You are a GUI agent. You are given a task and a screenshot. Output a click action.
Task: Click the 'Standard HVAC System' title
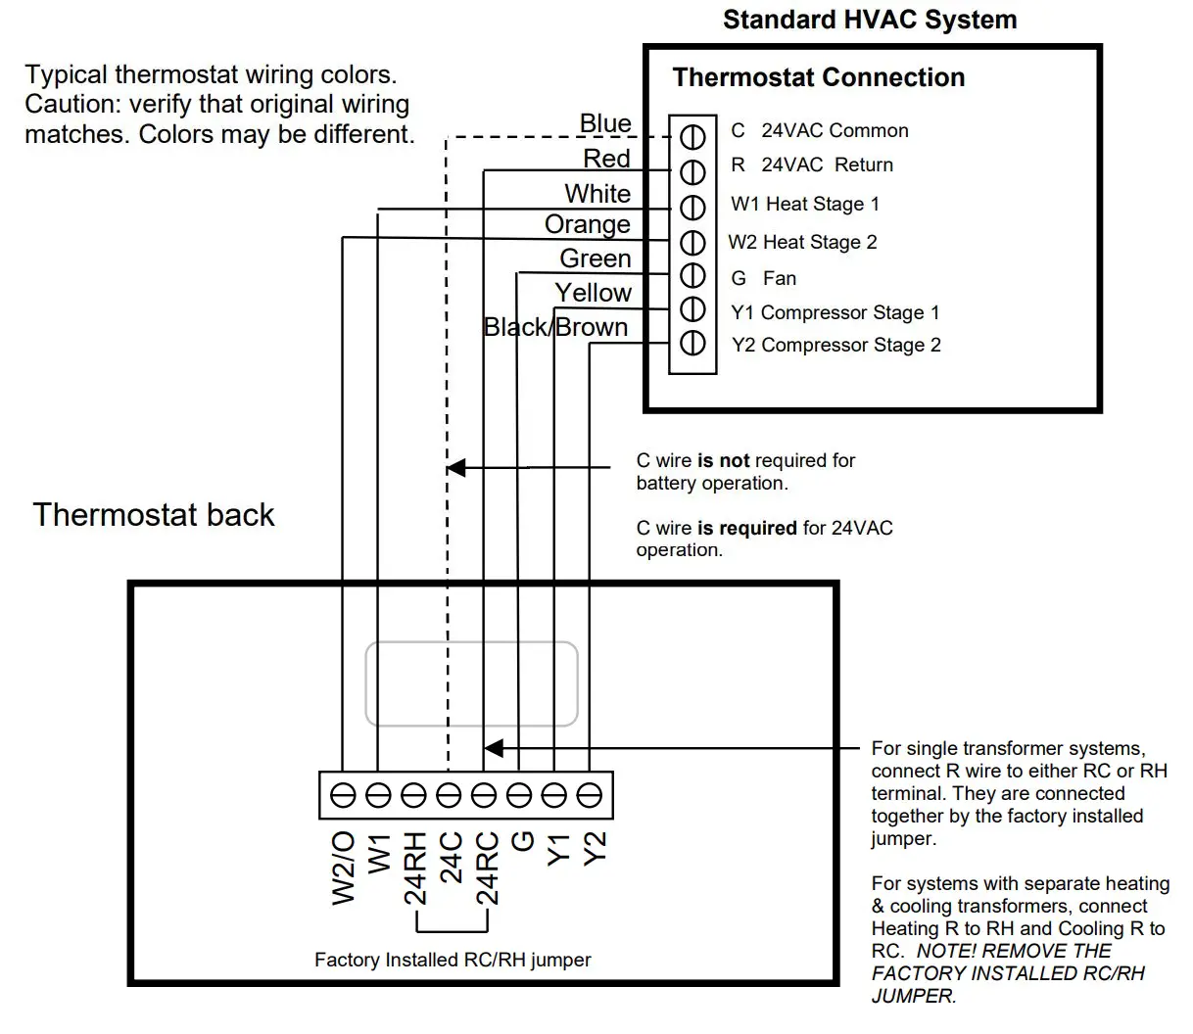[869, 20]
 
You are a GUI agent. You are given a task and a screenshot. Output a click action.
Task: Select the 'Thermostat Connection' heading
[818, 77]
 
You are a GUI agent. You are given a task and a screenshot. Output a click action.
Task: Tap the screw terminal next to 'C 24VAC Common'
[692, 135]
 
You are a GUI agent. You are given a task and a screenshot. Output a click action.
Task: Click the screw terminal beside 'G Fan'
[692, 275]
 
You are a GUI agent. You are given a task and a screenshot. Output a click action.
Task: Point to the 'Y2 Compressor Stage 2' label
[835, 345]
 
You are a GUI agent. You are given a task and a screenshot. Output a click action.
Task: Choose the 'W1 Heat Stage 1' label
[804, 204]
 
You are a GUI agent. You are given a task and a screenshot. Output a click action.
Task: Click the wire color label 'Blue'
[605, 123]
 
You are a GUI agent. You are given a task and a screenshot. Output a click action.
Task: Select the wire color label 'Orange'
[587, 224]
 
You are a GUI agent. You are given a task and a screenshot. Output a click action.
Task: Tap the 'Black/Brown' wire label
[555, 327]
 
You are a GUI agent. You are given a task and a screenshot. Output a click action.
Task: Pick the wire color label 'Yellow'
[593, 293]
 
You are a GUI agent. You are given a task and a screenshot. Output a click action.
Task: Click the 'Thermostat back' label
[154, 515]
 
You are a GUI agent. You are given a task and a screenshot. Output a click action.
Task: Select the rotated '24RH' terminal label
[415, 869]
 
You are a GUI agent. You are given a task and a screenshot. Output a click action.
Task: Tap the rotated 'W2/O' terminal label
[344, 869]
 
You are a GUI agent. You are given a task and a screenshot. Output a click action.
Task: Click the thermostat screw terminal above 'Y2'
[589, 795]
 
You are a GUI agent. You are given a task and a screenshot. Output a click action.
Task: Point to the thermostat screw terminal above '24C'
[449, 795]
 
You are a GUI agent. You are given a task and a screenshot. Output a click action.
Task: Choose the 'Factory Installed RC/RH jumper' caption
[453, 960]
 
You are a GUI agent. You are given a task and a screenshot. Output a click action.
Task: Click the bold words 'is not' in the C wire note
[723, 460]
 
